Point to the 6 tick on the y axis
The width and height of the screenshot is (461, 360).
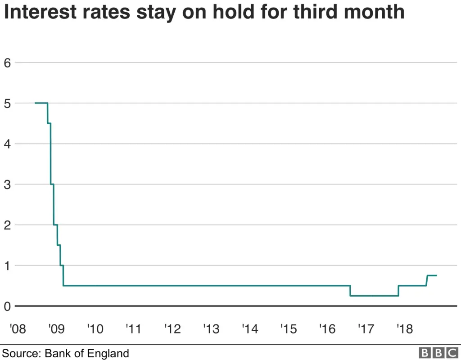tap(7, 63)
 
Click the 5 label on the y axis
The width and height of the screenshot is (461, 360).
tap(7, 103)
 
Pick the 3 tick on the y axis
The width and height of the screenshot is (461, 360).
tap(7, 184)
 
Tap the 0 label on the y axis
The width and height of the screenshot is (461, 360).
tap(7, 306)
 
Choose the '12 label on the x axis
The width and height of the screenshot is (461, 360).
tap(172, 329)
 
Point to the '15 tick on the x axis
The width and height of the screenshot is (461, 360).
tap(288, 329)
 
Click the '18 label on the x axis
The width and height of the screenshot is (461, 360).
tap(404, 329)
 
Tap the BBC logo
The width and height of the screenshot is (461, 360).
tap(437, 353)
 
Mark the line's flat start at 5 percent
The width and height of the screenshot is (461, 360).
tap(41, 103)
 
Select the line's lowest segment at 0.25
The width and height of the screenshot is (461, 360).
tap(374, 296)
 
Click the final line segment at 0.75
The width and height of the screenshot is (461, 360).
tap(432, 275)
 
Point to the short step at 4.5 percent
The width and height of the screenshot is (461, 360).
tap(49, 123)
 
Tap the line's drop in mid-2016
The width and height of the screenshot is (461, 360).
tap(350, 291)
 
